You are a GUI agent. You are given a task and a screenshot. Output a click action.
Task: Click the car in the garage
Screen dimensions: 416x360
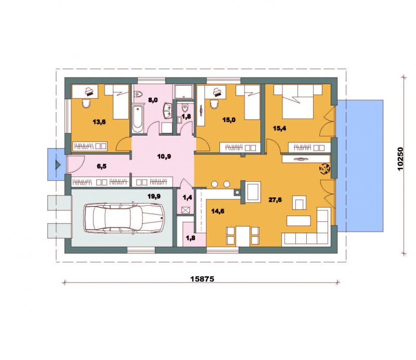pos(124,218)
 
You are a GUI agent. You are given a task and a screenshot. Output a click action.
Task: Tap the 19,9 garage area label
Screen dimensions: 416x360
pos(154,196)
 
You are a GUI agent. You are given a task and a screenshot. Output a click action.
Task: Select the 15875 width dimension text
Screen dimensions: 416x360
pos(202,279)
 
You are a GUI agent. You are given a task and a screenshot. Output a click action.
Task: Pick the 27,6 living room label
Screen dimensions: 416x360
pos(275,200)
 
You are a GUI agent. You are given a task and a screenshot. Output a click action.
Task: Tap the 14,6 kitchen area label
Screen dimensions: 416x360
pos(218,211)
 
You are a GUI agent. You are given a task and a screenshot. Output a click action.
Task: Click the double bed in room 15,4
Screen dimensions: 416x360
pos(297,101)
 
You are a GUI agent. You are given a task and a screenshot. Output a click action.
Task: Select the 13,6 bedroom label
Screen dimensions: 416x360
pos(99,122)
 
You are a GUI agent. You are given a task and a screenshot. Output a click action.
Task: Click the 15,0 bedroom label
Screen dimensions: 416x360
pos(229,120)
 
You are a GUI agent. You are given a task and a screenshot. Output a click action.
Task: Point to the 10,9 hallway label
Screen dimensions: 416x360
pos(164,156)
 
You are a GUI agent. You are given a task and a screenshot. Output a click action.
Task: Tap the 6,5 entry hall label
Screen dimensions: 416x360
pos(101,166)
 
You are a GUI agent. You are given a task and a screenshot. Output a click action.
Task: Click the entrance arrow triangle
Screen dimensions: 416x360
pos(58,165)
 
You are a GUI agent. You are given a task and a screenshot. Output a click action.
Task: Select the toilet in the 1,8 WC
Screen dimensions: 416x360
pos(185,108)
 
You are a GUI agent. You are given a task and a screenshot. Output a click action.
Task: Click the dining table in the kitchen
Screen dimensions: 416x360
pos(243,236)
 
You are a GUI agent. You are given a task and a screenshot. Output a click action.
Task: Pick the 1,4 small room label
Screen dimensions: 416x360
pos(187,197)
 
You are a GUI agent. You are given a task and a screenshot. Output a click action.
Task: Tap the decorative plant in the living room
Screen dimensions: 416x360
pos(324,169)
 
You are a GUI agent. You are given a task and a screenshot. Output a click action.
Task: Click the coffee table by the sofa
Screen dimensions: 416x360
pos(298,221)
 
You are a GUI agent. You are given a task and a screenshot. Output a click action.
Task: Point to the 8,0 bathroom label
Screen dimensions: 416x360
pos(153,100)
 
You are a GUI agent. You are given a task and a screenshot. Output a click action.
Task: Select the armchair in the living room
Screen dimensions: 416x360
pos(300,203)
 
